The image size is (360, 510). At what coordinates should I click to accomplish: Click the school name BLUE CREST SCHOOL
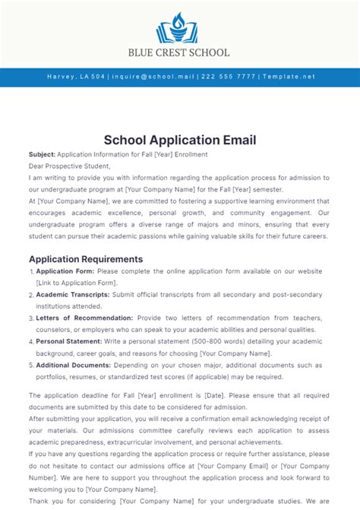(180, 52)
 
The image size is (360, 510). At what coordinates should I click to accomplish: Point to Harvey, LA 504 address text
(75, 77)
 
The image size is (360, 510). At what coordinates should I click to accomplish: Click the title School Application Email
(180, 140)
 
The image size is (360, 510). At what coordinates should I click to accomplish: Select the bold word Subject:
(42, 154)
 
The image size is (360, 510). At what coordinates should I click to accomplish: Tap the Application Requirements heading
(86, 258)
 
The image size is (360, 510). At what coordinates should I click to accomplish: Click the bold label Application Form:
(64, 271)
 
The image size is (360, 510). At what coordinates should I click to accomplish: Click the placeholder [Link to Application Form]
(76, 283)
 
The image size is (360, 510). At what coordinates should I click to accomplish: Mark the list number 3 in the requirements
(31, 318)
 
